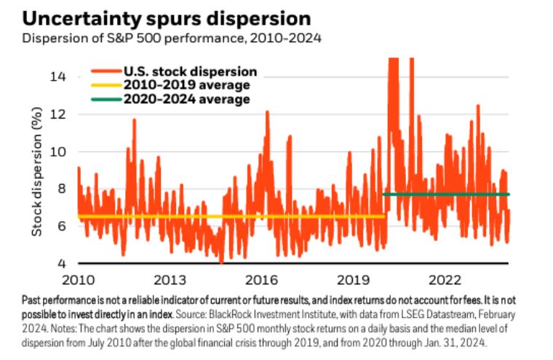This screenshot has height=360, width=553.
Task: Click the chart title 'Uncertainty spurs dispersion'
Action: (156, 17)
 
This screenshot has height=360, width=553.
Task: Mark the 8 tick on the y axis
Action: (64, 189)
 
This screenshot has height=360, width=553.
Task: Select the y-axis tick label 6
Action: (64, 226)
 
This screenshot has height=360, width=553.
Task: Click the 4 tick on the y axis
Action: (64, 263)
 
